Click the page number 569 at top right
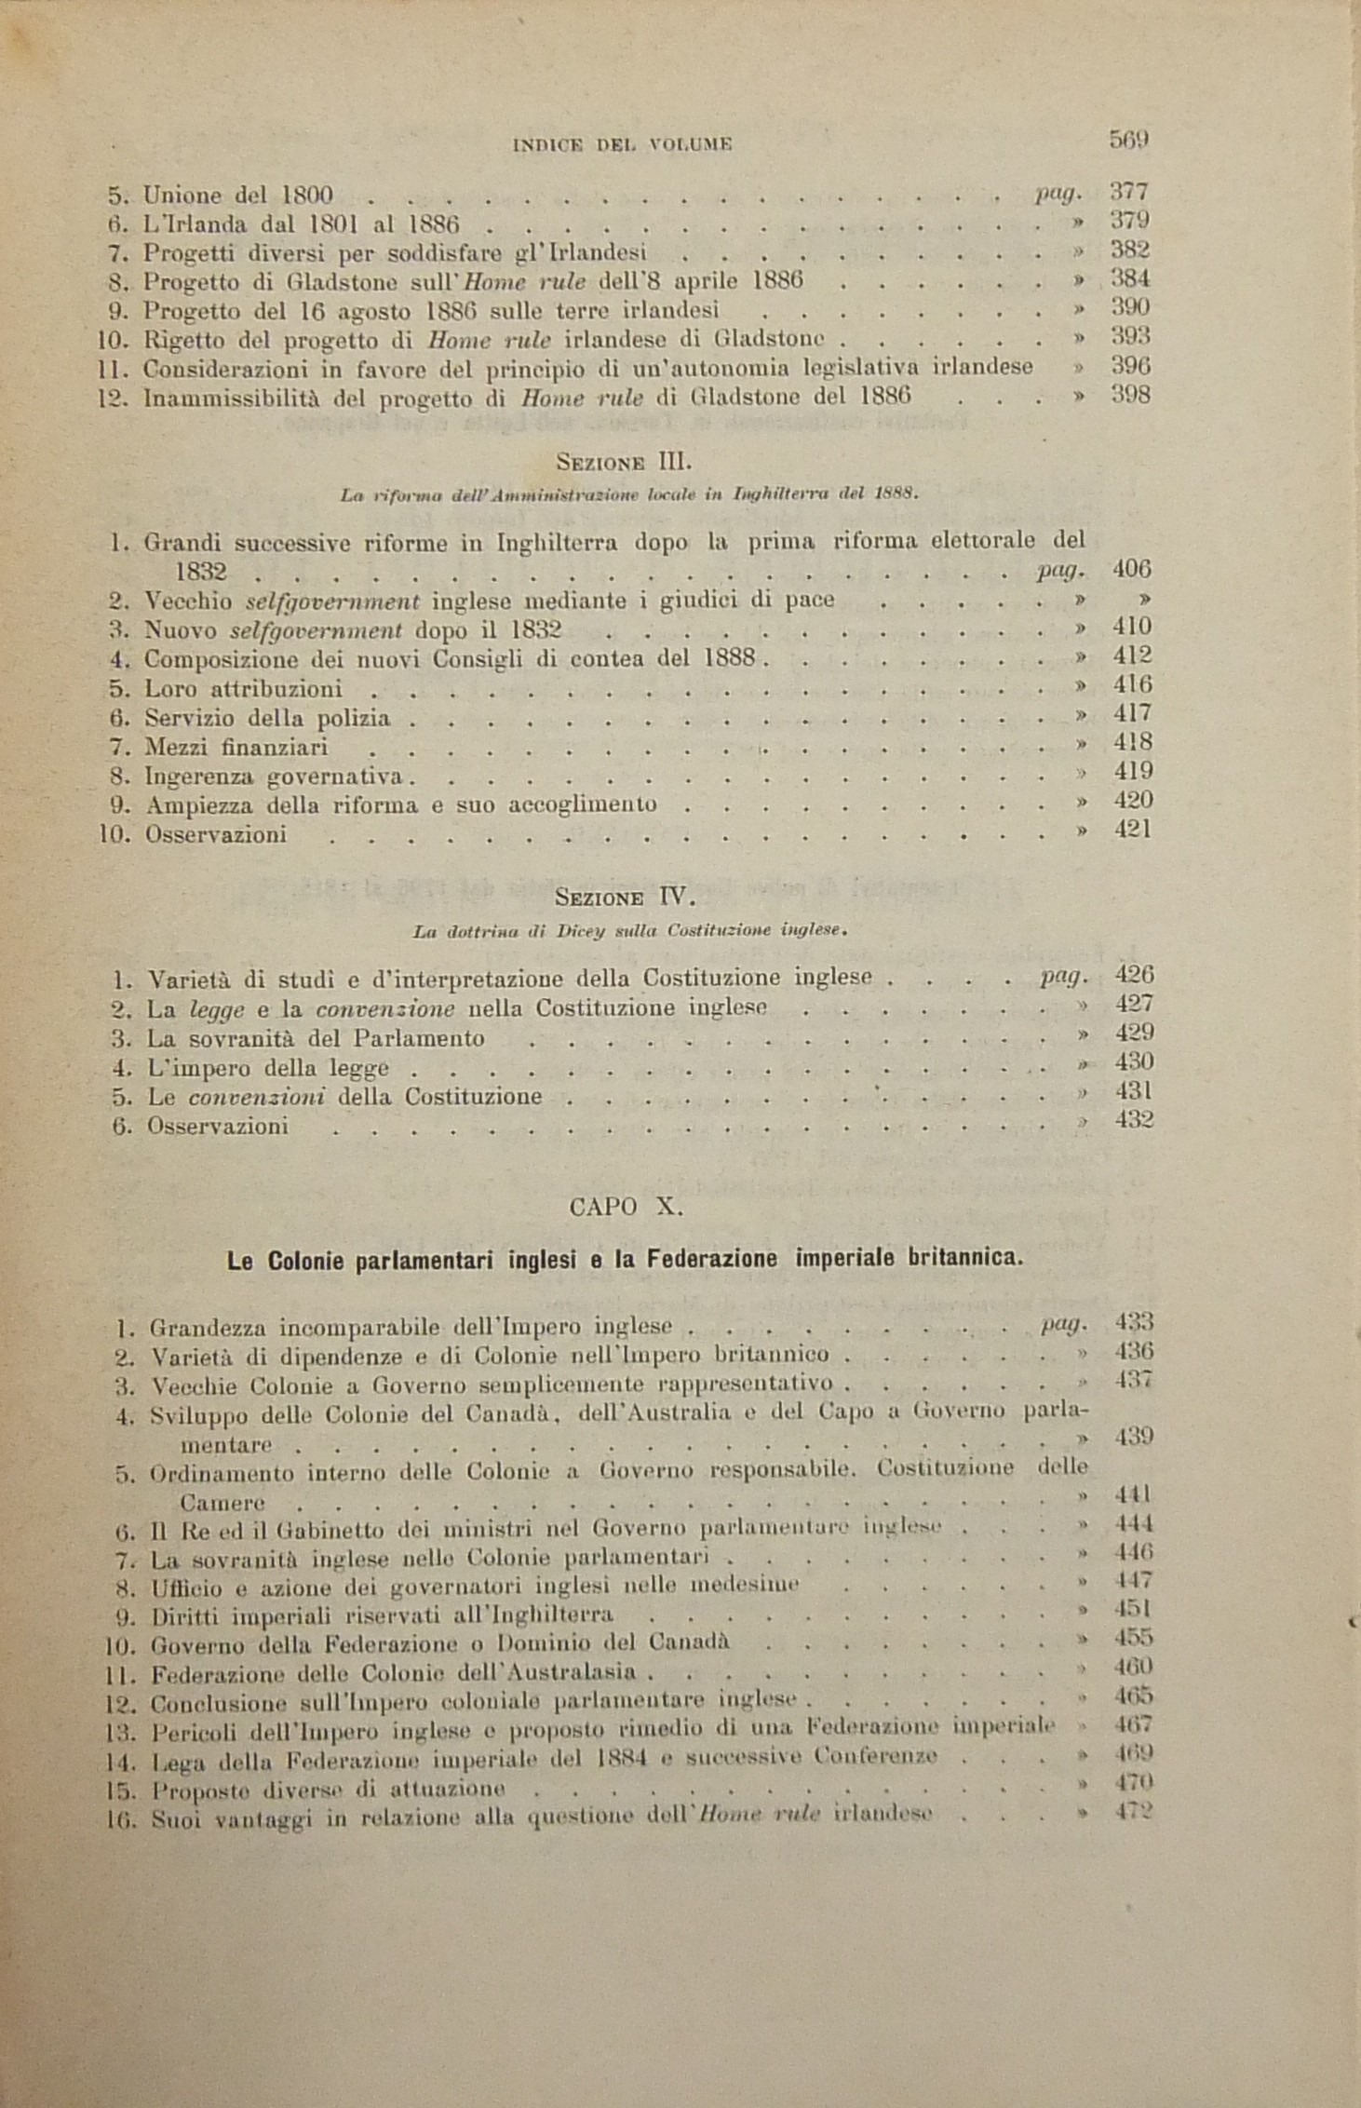coord(1129,140)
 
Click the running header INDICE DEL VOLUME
coord(623,144)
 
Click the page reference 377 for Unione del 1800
coord(1130,193)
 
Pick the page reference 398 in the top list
coord(1131,395)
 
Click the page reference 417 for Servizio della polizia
coord(1132,714)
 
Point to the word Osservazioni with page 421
coord(216,834)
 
